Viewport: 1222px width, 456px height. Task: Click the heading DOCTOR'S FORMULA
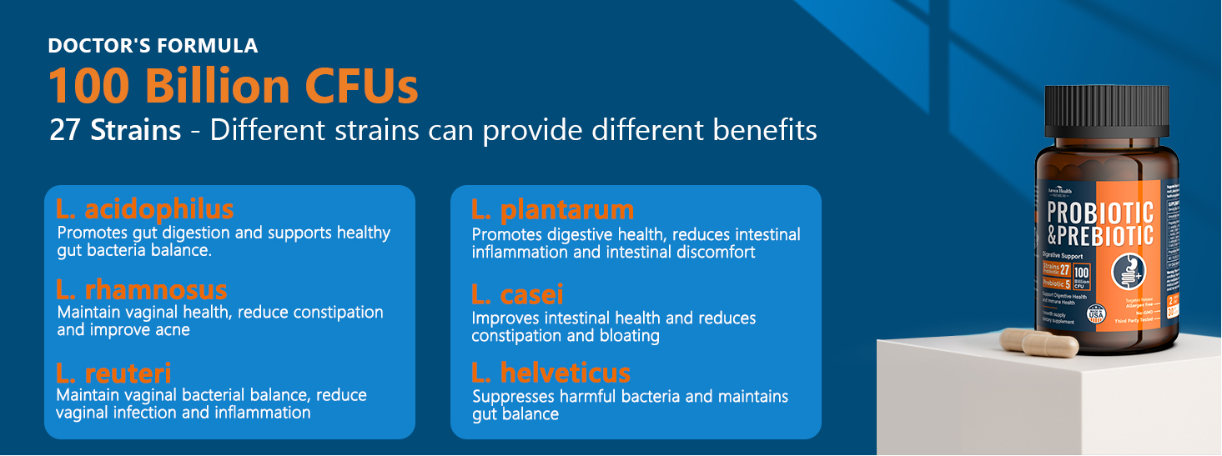pyautogui.click(x=153, y=46)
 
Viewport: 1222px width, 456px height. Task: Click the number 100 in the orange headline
pyautogui.click(x=89, y=87)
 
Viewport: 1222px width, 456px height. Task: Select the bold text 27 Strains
pyautogui.click(x=114, y=131)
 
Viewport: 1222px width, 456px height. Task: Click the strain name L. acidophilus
pyautogui.click(x=144, y=208)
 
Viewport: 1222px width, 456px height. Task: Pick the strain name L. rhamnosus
pyautogui.click(x=141, y=290)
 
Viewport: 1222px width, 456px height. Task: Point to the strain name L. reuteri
pyautogui.click(x=113, y=372)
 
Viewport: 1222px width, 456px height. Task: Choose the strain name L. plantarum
pyautogui.click(x=552, y=209)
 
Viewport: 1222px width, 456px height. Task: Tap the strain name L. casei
pyautogui.click(x=517, y=293)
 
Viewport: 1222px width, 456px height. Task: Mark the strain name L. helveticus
pyautogui.click(x=551, y=372)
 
